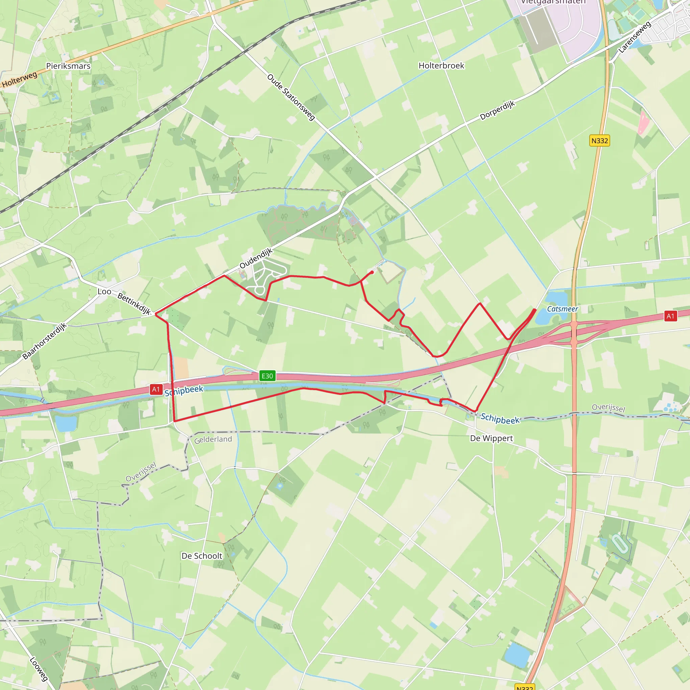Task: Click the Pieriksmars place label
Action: pyautogui.click(x=68, y=66)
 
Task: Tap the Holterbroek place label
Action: pyautogui.click(x=441, y=66)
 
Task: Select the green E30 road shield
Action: pyautogui.click(x=267, y=376)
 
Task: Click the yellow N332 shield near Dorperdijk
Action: pyautogui.click(x=599, y=141)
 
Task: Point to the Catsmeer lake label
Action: pyautogui.click(x=562, y=309)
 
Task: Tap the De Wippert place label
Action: pyautogui.click(x=491, y=438)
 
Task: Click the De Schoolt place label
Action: pyautogui.click(x=202, y=556)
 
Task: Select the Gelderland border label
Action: pyautogui.click(x=213, y=439)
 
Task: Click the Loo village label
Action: pyautogui.click(x=104, y=291)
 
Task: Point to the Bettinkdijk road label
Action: pyautogui.click(x=134, y=304)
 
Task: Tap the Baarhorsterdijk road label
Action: pyautogui.click(x=45, y=341)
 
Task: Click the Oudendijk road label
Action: pyautogui.click(x=256, y=258)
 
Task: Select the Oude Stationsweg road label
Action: pyautogui.click(x=291, y=97)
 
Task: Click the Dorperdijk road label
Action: pyautogui.click(x=497, y=111)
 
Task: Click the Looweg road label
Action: pyautogui.click(x=38, y=669)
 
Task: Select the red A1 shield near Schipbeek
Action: pyautogui.click(x=156, y=389)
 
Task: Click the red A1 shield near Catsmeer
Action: pyautogui.click(x=670, y=316)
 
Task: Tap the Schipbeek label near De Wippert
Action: pyautogui.click(x=500, y=418)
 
